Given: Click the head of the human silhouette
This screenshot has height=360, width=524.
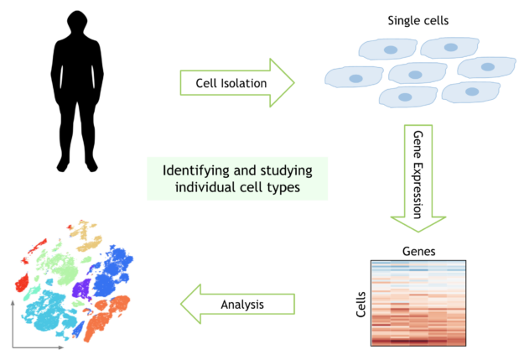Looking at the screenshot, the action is (77, 22).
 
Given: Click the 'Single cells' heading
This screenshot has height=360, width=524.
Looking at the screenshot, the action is (418, 21).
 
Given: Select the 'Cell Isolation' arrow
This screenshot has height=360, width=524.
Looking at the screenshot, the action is (237, 82).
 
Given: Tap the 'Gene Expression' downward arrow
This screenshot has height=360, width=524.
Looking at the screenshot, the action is (418, 178).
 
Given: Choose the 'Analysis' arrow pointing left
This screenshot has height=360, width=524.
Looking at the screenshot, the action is (237, 304).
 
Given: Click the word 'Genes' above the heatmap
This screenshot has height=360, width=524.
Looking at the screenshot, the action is (418, 251).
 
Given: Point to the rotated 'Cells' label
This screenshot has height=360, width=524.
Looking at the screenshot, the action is (361, 304).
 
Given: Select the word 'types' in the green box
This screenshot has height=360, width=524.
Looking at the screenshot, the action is (283, 188).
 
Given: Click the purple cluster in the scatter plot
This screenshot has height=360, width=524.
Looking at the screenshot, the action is (81, 289).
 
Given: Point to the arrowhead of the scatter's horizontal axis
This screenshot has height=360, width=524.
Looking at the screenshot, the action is (61, 347).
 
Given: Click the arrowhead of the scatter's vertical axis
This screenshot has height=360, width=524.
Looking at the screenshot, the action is (13, 303).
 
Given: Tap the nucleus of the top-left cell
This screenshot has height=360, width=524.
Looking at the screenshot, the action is (391, 50).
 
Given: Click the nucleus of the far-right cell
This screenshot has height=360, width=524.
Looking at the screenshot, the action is (488, 66).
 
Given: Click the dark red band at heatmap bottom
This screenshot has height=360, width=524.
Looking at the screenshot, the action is (418, 342).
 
